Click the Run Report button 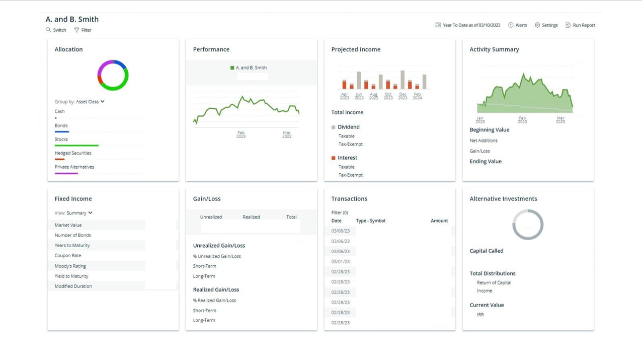(580, 25)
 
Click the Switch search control (56, 30)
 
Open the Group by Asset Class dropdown (90, 102)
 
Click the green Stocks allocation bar (76, 146)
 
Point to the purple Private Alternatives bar (66, 173)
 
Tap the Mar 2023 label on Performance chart (287, 134)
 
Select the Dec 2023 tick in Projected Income (403, 96)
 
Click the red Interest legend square (333, 158)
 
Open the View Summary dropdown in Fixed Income (74, 213)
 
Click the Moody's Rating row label (70, 266)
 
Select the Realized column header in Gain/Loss (251, 217)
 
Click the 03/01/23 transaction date (340, 261)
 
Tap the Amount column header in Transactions (439, 221)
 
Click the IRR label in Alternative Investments (480, 315)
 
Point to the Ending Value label (485, 162)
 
